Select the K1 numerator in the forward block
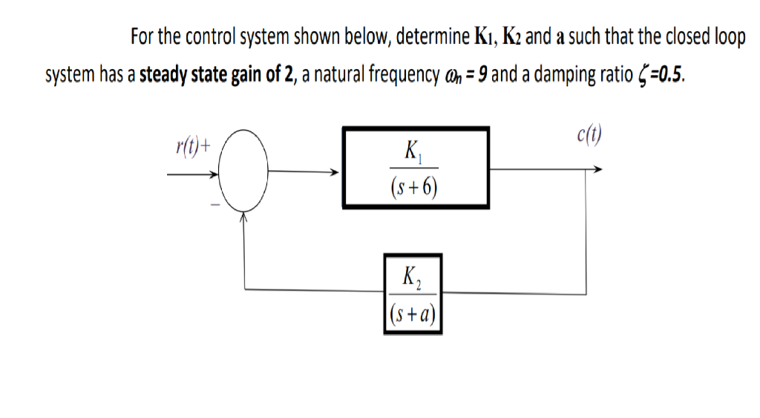(x=413, y=151)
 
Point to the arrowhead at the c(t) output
(x=596, y=169)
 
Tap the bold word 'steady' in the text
(x=161, y=75)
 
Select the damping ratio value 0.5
(x=666, y=75)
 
